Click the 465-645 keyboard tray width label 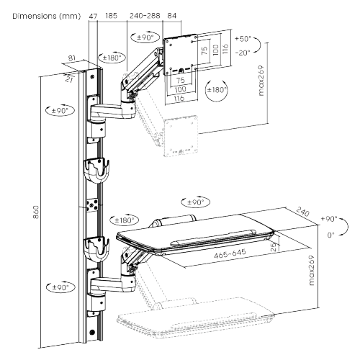223,254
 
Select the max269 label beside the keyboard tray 310,271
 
